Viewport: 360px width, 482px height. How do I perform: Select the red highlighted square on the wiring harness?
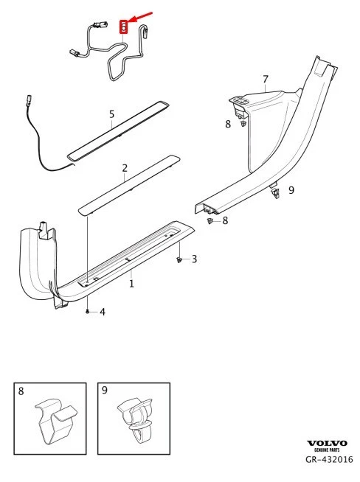coord(125,28)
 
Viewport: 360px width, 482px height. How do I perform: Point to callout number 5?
coord(111,114)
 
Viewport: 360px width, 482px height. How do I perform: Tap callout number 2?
coord(125,168)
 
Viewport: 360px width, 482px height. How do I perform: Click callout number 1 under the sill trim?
coord(131,283)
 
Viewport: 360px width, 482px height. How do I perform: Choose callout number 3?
coord(194,259)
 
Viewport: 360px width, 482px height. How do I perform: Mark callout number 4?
coord(103,312)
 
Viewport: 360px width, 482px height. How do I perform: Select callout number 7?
coord(266,79)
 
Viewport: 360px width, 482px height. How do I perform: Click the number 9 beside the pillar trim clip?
coord(291,190)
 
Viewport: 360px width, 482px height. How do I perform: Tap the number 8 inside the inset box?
coord(21,391)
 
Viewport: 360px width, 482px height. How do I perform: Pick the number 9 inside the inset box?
coord(105,391)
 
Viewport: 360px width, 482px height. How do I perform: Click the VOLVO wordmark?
coord(325,442)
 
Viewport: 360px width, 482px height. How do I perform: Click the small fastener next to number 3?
coord(179,260)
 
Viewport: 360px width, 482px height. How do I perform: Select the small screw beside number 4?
coord(88,312)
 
